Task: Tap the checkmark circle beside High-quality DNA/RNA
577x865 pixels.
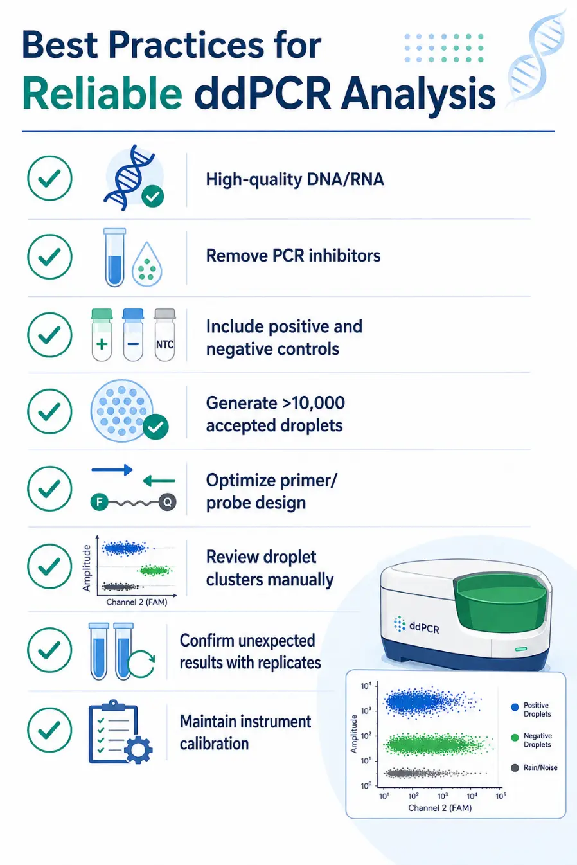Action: click(x=50, y=178)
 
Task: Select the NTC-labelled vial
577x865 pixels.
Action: click(x=165, y=335)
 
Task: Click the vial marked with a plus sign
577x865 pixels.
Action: click(x=102, y=335)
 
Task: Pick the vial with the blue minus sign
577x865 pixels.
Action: click(x=133, y=335)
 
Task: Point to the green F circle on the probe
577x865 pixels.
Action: click(x=99, y=502)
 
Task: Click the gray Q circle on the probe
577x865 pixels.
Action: click(x=168, y=502)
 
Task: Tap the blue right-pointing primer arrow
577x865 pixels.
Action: click(x=112, y=470)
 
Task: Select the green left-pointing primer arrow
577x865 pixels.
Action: click(x=159, y=481)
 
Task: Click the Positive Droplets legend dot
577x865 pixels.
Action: click(x=515, y=708)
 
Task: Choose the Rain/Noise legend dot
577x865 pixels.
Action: click(x=515, y=768)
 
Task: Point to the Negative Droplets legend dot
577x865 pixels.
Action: click(x=515, y=738)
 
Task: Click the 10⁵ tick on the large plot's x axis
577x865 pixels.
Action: click(x=501, y=796)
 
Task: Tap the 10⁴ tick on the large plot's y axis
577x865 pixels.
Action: click(x=366, y=686)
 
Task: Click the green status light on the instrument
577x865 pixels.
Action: click(x=521, y=649)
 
